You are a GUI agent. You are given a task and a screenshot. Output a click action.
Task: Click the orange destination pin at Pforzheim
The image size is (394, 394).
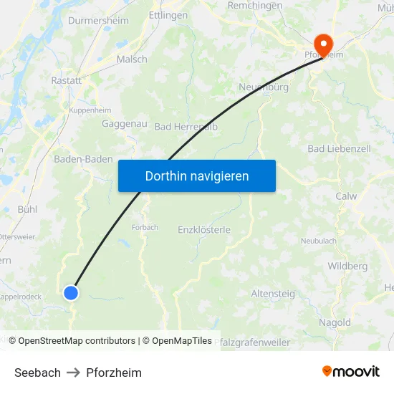coord(323,44)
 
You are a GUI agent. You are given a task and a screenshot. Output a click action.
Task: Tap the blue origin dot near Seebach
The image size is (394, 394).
coord(70,292)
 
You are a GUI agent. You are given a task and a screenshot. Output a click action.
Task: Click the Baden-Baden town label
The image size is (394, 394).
coord(84,159)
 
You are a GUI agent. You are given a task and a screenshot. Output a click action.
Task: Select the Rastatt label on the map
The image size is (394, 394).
coord(67,81)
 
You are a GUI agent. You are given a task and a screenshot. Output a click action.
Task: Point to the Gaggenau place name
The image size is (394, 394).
coord(125,124)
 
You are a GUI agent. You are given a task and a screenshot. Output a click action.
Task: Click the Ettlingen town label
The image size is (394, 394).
coord(168,15)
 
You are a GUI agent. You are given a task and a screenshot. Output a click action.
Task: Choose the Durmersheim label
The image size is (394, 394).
coord(98,21)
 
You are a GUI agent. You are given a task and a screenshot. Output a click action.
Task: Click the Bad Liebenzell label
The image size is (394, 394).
coord(339,148)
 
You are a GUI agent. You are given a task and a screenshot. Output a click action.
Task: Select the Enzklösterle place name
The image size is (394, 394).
coord(204,230)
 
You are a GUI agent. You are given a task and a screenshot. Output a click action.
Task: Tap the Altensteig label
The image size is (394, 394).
coord(272,294)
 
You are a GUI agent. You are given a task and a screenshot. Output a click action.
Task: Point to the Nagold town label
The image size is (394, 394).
coord(335,323)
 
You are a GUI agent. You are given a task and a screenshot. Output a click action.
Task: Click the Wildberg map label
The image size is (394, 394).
coord(347,266)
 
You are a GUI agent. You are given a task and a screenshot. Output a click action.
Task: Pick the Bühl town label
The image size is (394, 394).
coord(27,209)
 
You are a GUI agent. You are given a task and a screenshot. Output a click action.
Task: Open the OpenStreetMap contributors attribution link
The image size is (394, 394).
coord(77,341)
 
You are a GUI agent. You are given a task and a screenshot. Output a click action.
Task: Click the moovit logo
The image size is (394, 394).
coord(351,372)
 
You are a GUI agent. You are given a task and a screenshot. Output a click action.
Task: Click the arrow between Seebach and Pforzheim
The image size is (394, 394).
coord(74,373)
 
